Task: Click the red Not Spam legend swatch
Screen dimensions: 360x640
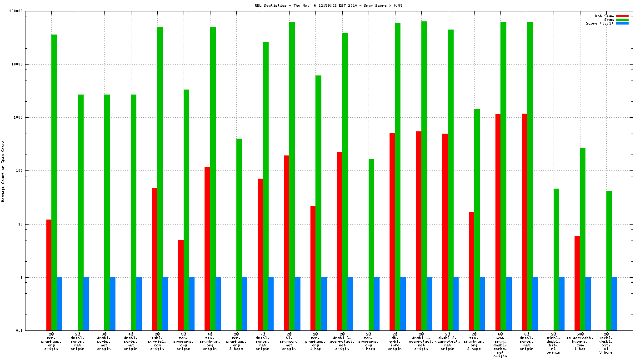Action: [x=622, y=16]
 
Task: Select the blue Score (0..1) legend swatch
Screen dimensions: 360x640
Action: [x=622, y=23]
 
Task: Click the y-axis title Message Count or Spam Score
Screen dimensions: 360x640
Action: [x=3, y=171]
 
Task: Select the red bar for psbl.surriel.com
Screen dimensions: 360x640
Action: [x=155, y=259]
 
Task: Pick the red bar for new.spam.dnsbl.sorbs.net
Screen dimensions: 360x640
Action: [x=498, y=222]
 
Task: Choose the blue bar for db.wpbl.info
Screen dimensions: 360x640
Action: [x=403, y=304]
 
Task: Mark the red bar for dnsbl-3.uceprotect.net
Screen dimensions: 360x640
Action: [x=340, y=241]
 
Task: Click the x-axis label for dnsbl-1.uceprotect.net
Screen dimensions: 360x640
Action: [x=421, y=341]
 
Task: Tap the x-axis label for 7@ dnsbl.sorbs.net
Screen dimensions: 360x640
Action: [x=263, y=341]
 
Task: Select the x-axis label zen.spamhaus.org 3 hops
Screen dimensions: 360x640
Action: [x=236, y=341]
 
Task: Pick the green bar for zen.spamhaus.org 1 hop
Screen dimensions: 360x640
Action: [x=319, y=203]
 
